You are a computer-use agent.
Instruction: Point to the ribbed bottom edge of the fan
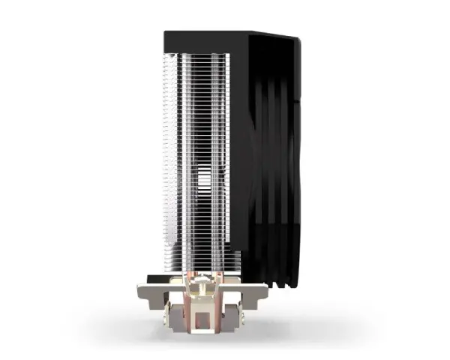[x=277, y=281]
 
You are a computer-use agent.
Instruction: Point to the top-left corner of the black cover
[x=167, y=34]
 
